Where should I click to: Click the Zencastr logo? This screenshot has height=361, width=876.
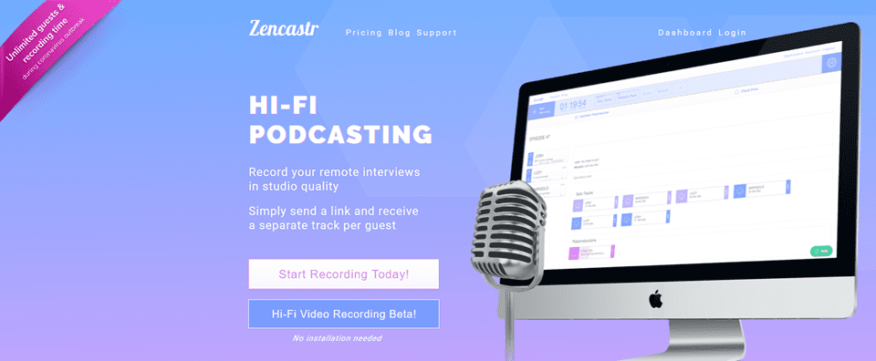click(x=283, y=27)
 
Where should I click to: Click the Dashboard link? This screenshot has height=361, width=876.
click(x=684, y=33)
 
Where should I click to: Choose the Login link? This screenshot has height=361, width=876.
click(x=732, y=33)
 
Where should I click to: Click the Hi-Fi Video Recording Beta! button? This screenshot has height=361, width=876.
click(x=343, y=314)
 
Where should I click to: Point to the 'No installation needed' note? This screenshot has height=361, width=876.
click(x=337, y=338)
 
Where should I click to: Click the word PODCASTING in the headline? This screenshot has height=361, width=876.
click(x=340, y=135)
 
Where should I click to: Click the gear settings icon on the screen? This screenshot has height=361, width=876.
click(x=829, y=63)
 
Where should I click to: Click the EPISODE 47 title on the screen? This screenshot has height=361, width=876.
click(x=541, y=139)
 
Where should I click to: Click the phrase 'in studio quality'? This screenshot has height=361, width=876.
click(x=293, y=187)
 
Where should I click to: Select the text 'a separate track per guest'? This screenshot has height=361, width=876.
click(x=322, y=224)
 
